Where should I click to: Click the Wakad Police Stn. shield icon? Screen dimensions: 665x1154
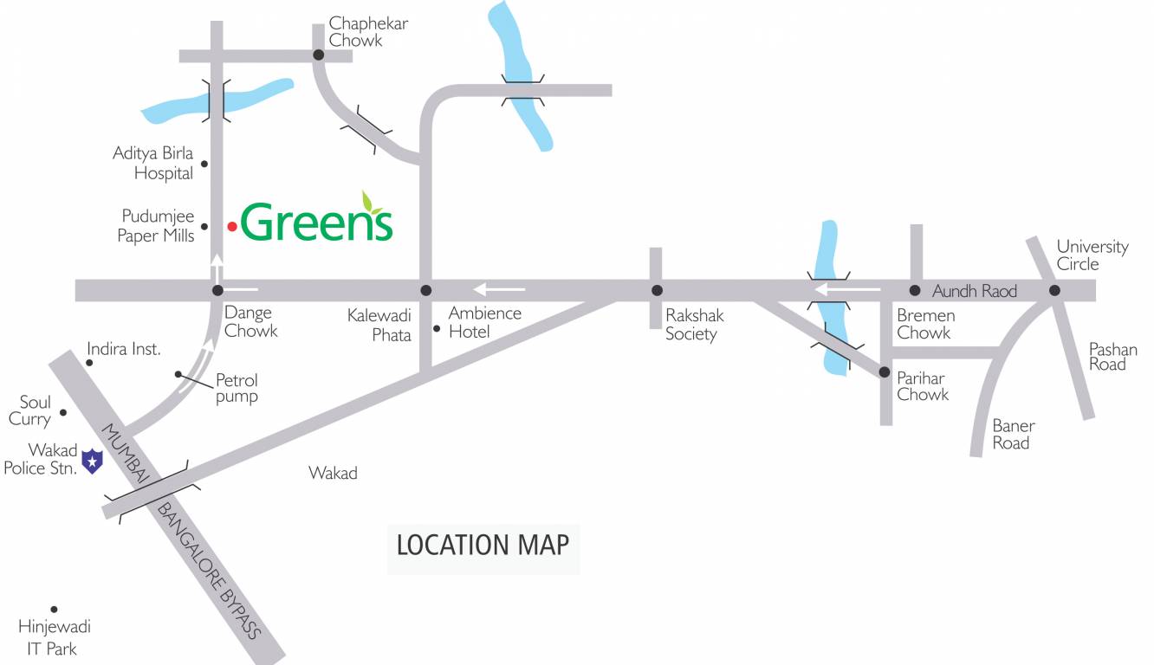(x=91, y=461)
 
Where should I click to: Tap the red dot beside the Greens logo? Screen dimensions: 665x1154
(x=232, y=227)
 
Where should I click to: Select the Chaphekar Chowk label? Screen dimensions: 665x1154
(x=368, y=32)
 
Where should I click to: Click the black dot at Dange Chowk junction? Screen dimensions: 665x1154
(x=217, y=290)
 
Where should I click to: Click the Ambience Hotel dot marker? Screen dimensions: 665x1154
(x=437, y=328)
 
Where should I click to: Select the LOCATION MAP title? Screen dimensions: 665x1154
(x=483, y=545)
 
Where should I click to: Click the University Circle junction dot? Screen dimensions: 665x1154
(x=1054, y=290)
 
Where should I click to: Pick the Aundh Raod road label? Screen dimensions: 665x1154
(x=975, y=291)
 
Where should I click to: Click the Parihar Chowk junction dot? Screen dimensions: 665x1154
(x=885, y=372)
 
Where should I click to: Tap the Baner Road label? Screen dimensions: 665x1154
(x=1013, y=435)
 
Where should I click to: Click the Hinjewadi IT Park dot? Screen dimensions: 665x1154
(x=54, y=610)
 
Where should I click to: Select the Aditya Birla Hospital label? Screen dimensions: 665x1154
(x=153, y=164)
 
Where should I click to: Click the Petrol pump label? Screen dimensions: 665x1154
(x=237, y=388)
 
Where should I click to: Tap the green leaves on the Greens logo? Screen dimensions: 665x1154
(x=373, y=202)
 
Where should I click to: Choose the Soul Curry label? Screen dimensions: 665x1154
(x=30, y=410)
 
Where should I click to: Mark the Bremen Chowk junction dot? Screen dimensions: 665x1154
(x=914, y=290)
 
